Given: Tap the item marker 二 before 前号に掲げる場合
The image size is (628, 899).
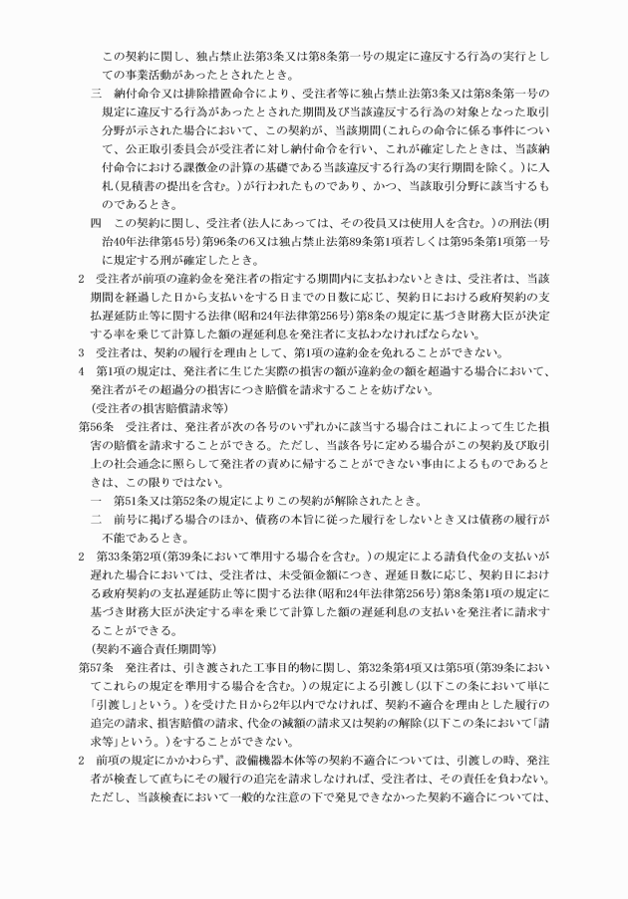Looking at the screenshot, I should click(97, 497).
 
